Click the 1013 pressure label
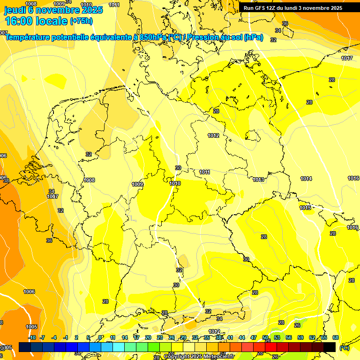click(258, 180)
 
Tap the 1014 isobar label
click(306, 179)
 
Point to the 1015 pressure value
click(305, 208)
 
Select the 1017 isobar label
click(347, 58)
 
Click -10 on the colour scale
click(32, 337)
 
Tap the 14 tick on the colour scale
click(125, 337)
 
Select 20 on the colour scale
click(148, 337)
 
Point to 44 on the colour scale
click(242, 337)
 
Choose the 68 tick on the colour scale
click(336, 337)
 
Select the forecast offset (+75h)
click(81, 21)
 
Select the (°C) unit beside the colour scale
click(344, 348)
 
